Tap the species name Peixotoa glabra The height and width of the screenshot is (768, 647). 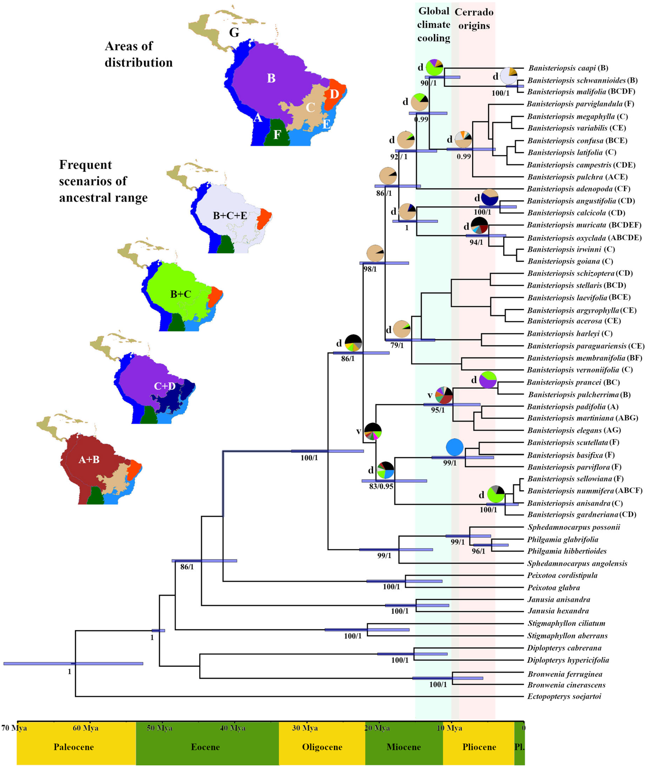(x=554, y=588)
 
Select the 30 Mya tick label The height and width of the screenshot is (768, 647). (x=305, y=728)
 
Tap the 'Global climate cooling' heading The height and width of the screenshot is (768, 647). (x=434, y=25)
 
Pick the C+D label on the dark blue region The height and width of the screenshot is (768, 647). (x=165, y=386)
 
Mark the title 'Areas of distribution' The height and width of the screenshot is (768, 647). (x=139, y=54)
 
